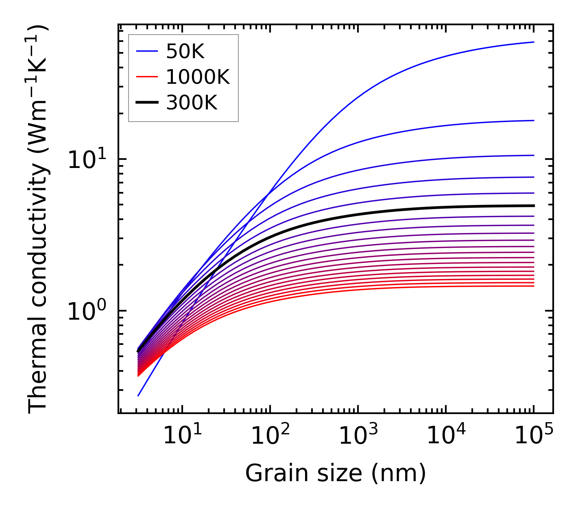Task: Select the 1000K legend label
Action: point(198,77)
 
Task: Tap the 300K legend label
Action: point(192,103)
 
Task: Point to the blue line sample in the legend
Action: point(146,51)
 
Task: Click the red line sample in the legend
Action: point(146,77)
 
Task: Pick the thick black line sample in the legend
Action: point(146,103)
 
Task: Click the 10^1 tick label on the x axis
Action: point(182,436)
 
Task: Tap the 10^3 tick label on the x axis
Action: point(358,436)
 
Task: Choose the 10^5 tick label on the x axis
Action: point(533,436)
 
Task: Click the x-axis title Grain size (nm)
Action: point(336,473)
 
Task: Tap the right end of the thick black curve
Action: point(533,206)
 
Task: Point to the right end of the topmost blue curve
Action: point(533,42)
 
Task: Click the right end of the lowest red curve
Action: point(533,286)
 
